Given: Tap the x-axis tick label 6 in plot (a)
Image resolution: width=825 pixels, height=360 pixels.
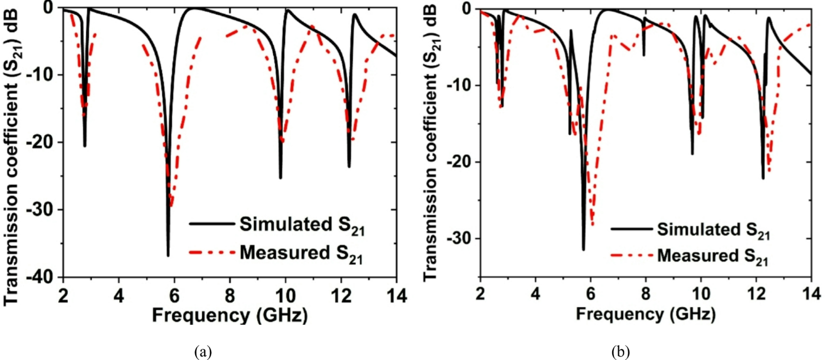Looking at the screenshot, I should [x=174, y=295].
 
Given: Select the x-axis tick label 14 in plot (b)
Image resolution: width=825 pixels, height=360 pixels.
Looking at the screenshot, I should [x=811, y=294].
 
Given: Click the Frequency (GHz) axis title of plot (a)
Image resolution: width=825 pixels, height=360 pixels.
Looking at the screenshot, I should [x=230, y=316].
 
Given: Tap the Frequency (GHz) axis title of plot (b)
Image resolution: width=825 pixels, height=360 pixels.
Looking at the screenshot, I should [x=645, y=314].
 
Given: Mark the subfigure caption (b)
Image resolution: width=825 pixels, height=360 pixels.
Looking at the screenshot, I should [x=620, y=352].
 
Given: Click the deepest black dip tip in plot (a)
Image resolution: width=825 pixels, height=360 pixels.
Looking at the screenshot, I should [x=168, y=256].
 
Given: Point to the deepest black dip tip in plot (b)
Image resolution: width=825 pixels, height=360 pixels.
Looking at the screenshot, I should [x=583, y=249].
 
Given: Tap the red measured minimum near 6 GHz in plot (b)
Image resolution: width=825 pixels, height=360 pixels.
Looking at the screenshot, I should [x=592, y=225].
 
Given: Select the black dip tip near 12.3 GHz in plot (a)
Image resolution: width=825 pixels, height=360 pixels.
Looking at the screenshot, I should [x=349, y=167].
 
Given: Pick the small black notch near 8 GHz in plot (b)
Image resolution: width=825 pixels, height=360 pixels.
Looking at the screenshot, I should [x=644, y=55].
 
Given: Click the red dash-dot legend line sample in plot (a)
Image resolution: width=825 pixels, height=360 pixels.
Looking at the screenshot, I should [x=212, y=252].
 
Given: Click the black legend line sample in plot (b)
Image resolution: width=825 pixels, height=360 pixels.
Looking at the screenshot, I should [x=631, y=229].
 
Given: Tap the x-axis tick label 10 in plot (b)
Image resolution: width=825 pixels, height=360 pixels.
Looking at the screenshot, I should [x=701, y=294].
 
